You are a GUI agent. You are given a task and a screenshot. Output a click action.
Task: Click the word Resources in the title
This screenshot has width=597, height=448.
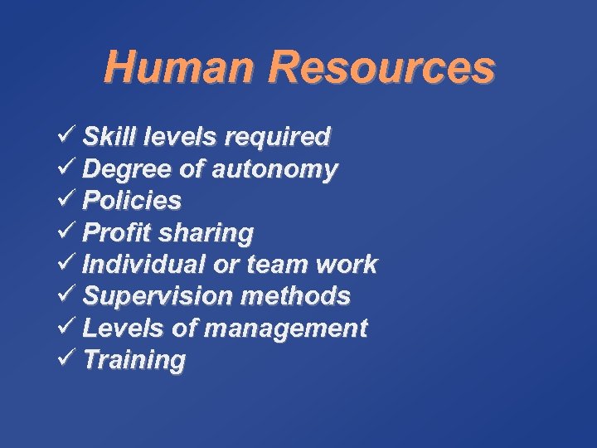(x=382, y=67)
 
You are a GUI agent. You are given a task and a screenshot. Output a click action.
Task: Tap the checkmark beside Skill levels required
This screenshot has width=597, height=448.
(x=69, y=135)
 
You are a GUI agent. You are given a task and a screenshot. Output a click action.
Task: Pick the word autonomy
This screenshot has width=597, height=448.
(x=274, y=170)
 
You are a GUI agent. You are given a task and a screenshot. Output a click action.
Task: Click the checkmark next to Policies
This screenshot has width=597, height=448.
(x=69, y=199)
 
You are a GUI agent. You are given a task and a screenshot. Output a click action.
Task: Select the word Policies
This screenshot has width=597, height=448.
(x=132, y=201)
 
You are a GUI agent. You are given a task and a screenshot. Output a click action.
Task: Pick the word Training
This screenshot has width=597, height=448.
(x=134, y=361)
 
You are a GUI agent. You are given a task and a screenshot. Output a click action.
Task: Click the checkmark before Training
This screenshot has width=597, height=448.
(x=69, y=358)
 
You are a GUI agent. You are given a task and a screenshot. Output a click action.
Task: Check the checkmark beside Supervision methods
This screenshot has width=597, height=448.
(x=69, y=295)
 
